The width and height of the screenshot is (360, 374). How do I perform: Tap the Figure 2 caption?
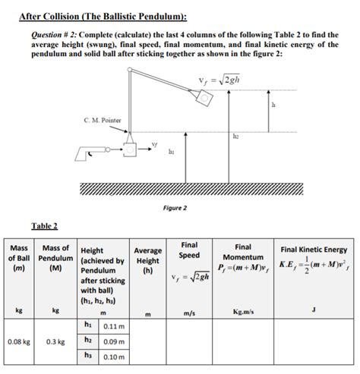pos(175,207)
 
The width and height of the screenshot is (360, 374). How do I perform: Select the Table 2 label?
pos(44,225)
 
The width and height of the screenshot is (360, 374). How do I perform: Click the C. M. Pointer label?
pos(102,118)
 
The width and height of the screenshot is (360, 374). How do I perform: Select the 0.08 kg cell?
pos(19,341)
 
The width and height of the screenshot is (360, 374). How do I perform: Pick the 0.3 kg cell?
pos(55,341)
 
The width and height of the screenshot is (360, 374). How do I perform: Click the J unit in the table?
pos(313,308)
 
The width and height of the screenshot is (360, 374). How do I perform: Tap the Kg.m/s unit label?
pos(243,311)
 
